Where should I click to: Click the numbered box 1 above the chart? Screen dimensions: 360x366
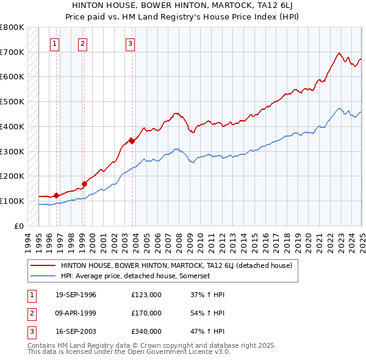[x=55, y=43]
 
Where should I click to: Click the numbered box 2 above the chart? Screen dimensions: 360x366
[x=82, y=43]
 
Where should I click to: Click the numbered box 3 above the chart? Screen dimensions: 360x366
[x=130, y=43]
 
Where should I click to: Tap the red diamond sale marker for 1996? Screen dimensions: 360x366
[x=56, y=195]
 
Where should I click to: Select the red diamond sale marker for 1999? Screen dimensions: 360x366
[x=84, y=183]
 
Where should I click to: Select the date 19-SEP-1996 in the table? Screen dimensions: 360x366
[x=76, y=295]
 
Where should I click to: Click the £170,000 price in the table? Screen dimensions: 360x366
[x=146, y=313]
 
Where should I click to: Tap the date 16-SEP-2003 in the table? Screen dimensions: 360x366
[x=76, y=331]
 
